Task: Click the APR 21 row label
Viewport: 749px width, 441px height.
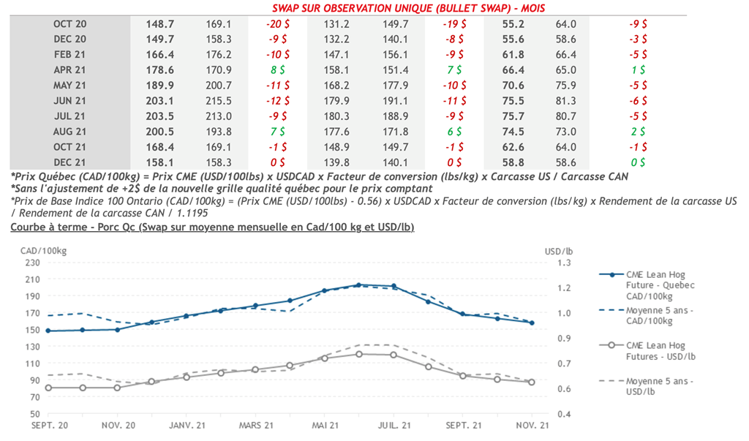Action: tap(70, 70)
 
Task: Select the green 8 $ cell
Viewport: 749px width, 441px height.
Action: tap(277, 70)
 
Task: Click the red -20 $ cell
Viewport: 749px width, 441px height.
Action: tap(277, 24)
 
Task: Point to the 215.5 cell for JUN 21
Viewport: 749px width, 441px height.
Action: tap(219, 101)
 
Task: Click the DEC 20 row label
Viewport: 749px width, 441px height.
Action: tap(70, 39)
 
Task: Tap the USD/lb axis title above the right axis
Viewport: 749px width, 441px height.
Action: tap(560, 250)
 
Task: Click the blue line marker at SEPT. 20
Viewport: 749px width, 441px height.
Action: tap(48, 331)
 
